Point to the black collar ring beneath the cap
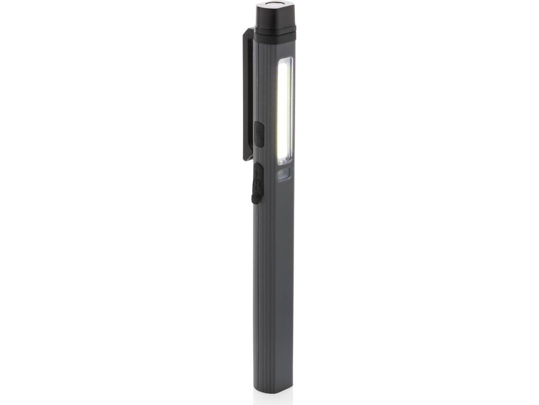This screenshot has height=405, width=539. (275, 35)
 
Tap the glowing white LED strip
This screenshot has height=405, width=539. (285, 110)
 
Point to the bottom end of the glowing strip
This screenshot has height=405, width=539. (285, 161)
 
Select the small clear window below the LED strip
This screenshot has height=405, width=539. (285, 174)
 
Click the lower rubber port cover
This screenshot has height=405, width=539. (257, 183)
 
